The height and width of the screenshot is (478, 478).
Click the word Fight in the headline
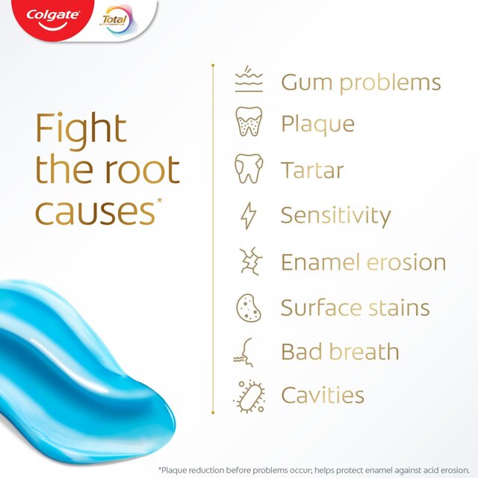[x=81, y=129]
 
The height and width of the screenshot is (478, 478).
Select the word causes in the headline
[x=93, y=211]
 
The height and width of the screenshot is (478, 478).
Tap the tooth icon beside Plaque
[x=249, y=122]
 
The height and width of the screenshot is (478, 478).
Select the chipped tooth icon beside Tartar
[x=249, y=169]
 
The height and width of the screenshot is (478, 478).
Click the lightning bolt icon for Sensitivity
[x=249, y=216]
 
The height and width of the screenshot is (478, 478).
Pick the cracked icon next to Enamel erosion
[x=249, y=262]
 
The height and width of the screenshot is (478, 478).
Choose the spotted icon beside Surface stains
[x=249, y=308]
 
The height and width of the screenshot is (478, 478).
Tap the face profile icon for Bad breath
[x=249, y=351]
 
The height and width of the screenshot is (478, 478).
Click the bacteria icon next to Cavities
[x=249, y=396]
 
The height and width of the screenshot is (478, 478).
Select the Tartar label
[x=312, y=170]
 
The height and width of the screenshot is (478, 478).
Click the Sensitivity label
[x=335, y=216]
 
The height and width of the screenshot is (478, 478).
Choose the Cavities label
[x=323, y=395]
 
